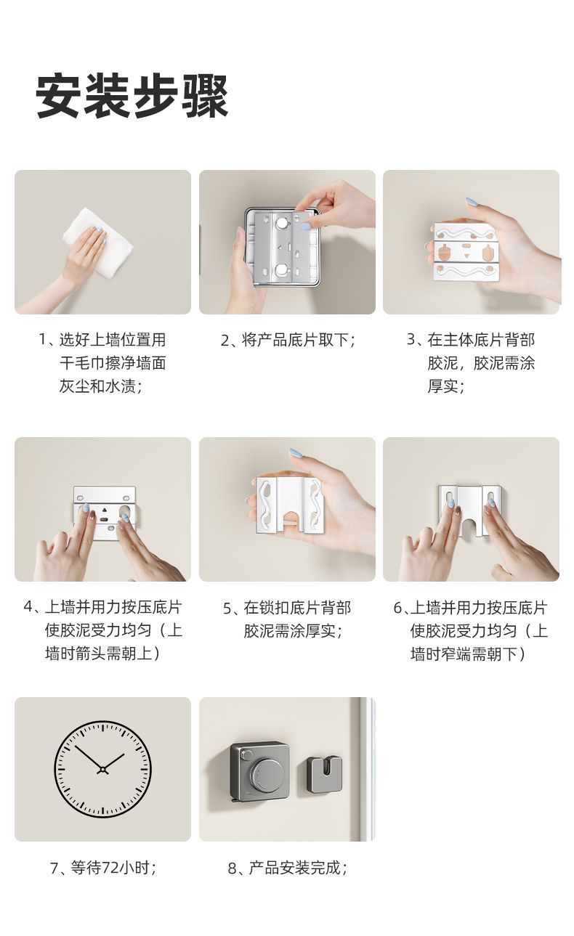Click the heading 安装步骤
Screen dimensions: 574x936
(x=132, y=96)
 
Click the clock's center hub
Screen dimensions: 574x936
(x=103, y=769)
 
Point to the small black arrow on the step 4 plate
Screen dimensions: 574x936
(x=104, y=510)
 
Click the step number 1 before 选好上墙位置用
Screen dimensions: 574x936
(x=43, y=340)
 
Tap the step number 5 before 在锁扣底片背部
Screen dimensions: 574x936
(x=227, y=608)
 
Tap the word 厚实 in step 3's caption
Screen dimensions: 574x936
(x=442, y=386)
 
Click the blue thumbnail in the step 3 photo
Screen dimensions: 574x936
(x=472, y=201)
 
